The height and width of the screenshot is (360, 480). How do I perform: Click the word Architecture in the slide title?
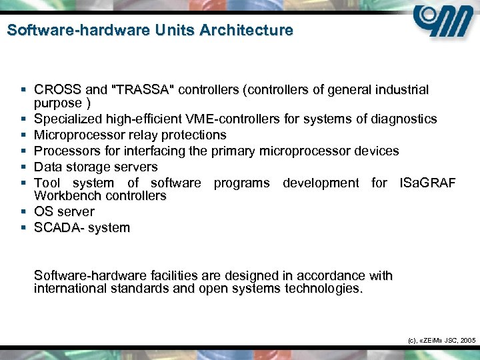tap(251, 31)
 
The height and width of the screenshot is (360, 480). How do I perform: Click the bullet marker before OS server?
tap(23, 212)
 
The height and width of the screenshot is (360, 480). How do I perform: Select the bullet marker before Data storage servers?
tap(23, 167)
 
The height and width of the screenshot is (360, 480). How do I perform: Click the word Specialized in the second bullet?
tap(66, 119)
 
